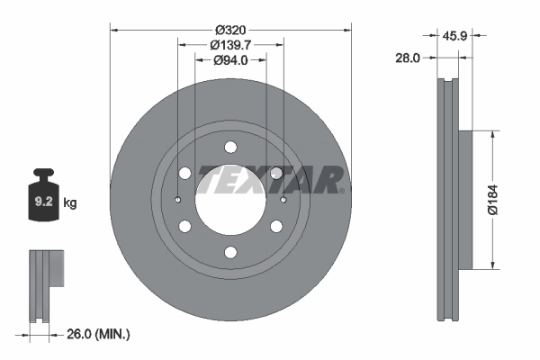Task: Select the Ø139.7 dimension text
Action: coord(230,44)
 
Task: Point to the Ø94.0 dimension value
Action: coord(230,60)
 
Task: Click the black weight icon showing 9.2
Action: coord(43,193)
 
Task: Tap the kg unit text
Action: coord(70,203)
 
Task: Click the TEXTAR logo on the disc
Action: coord(270,179)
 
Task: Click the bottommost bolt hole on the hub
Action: coord(230,252)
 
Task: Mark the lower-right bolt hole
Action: coord(276,226)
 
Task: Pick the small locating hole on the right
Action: coord(283,200)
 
